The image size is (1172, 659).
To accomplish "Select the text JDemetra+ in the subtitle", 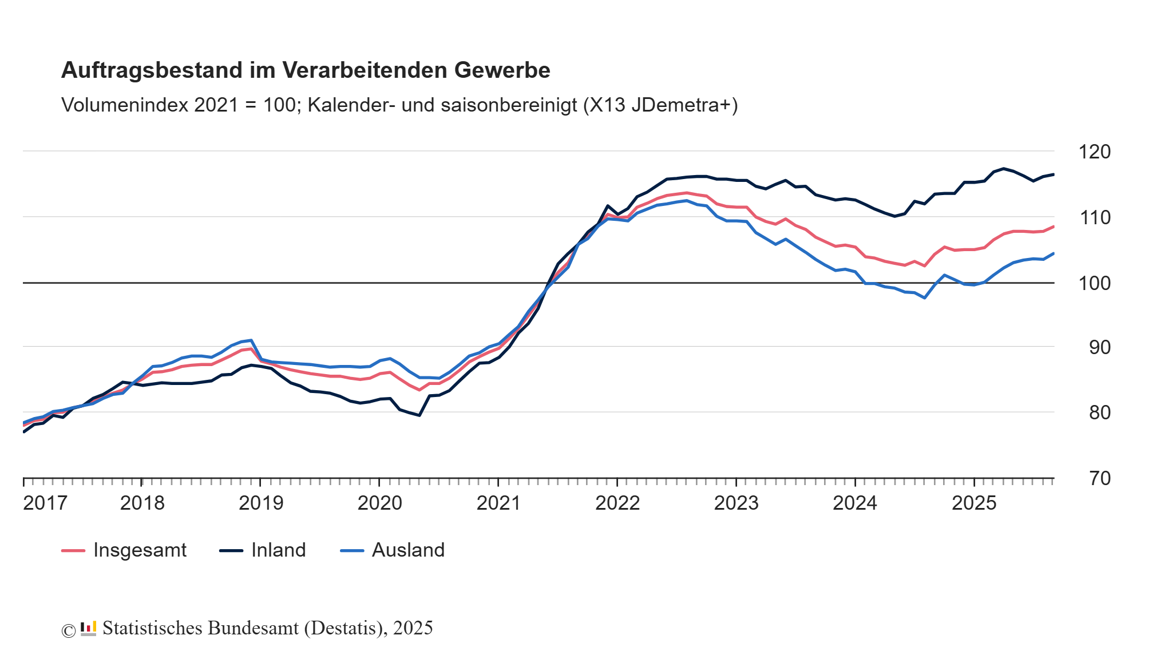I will (x=684, y=105).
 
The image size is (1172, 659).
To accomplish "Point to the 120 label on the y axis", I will (x=1094, y=152).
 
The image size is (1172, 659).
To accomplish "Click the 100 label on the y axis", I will (x=1094, y=283).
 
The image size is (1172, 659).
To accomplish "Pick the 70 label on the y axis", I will (x=1099, y=478).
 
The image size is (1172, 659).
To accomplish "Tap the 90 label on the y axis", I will (x=1099, y=347).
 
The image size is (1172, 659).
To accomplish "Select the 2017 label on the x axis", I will (x=45, y=503).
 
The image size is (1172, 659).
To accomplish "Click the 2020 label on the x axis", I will (x=379, y=503).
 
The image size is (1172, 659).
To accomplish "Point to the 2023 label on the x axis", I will (x=736, y=503).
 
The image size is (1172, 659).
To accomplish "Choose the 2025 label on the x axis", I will (x=974, y=503).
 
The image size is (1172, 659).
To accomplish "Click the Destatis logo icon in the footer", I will (x=88, y=629).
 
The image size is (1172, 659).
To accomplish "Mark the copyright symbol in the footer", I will (x=69, y=630).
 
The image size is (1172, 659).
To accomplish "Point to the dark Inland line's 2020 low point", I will (x=419, y=415).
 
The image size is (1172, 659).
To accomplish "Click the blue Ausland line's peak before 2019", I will (x=251, y=340).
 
